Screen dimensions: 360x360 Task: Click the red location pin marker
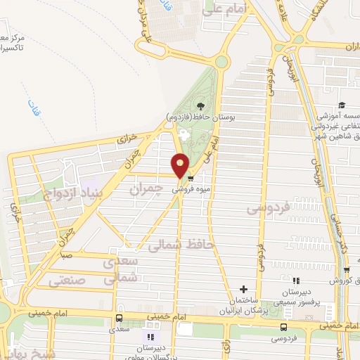pyautogui.click(x=181, y=165)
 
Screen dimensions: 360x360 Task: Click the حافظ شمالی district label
pyautogui.click(x=176, y=245)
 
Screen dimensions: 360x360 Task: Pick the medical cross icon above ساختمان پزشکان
pyautogui.click(x=244, y=289)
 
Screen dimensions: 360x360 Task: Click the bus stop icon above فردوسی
pyautogui.click(x=283, y=327)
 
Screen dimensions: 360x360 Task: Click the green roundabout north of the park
pyautogui.click(x=221, y=61)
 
